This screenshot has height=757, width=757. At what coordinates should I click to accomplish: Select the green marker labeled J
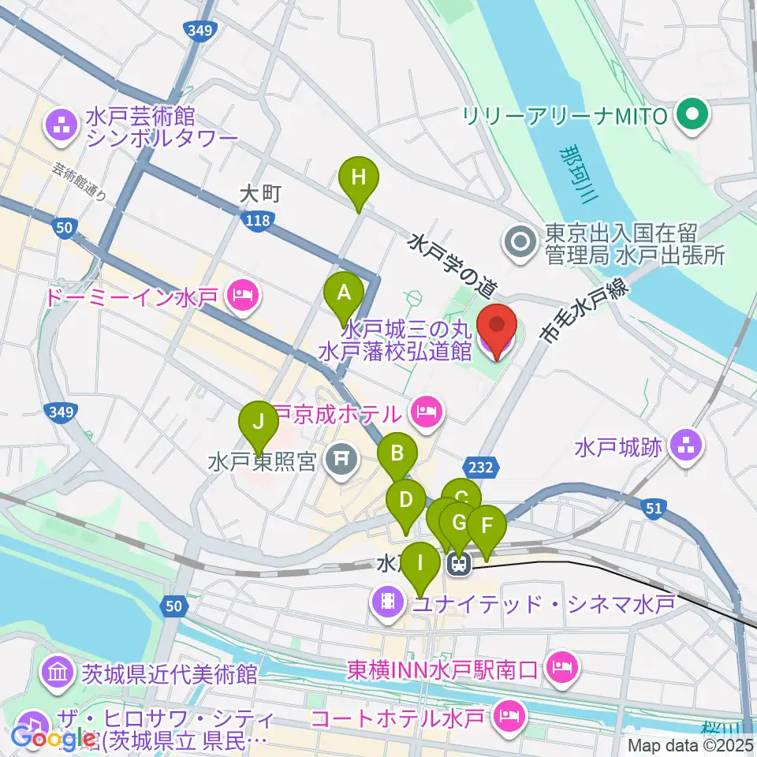pyautogui.click(x=258, y=422)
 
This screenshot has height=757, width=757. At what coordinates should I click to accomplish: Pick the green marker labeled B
pyautogui.click(x=397, y=453)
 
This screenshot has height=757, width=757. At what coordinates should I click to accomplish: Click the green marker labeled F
pyautogui.click(x=487, y=526)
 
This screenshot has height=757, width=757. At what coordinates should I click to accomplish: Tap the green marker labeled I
pyautogui.click(x=420, y=563)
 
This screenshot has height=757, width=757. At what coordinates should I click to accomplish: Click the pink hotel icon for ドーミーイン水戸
pyautogui.click(x=241, y=297)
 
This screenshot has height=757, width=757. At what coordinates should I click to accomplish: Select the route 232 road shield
pyautogui.click(x=480, y=468)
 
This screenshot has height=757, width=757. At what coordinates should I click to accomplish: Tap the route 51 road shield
pyautogui.click(x=653, y=509)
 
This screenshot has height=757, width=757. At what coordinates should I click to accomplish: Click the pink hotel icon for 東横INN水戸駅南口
pyautogui.click(x=564, y=669)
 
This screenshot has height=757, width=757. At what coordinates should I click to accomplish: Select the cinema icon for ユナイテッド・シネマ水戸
pyautogui.click(x=387, y=604)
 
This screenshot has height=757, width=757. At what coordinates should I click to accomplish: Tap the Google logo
pyautogui.click(x=52, y=738)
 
